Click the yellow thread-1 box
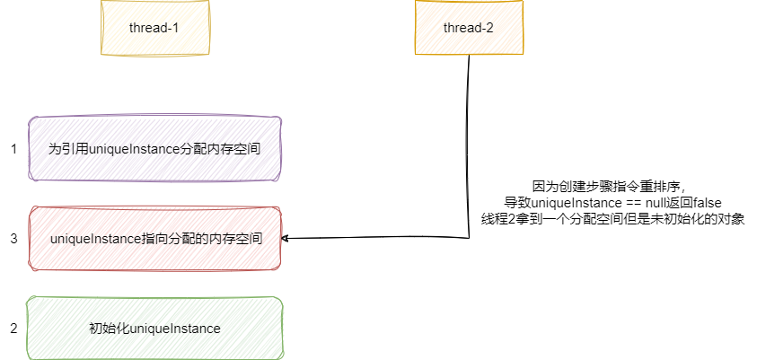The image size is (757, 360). click(154, 28)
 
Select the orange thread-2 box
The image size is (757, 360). click(468, 28)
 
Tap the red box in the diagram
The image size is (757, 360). click(154, 239)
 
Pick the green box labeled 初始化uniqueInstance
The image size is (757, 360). click(154, 329)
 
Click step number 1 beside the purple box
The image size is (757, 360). click(13, 149)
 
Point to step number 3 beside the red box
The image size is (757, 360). click(13, 239)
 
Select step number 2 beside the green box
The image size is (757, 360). click(13, 329)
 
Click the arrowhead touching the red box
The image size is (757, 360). click(286, 239)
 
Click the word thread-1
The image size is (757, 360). click(154, 28)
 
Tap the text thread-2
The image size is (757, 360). click(468, 28)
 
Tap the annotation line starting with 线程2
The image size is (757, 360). click(614, 218)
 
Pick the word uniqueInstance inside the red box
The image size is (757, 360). click(94, 239)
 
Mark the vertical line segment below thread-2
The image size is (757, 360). click(469, 144)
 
